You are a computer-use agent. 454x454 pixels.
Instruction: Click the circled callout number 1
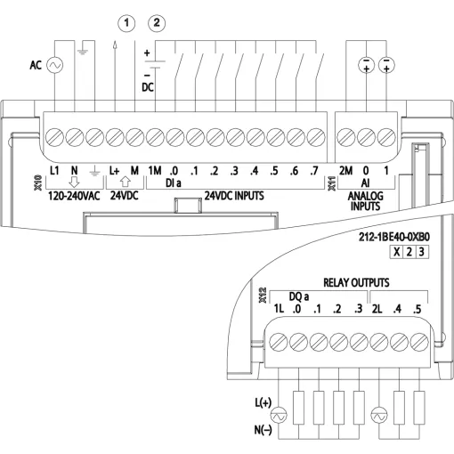[x=126, y=23]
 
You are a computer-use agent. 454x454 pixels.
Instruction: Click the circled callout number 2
[x=157, y=23]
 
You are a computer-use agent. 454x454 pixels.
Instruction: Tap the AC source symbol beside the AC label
[x=55, y=65]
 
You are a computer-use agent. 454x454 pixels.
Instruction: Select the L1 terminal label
[x=54, y=171]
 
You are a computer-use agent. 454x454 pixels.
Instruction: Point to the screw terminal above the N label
[x=75, y=137]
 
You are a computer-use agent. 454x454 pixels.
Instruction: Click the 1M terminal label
[x=155, y=171]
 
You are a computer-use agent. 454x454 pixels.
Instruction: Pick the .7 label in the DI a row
[x=313, y=171]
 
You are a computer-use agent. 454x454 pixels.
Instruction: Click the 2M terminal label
[x=345, y=171]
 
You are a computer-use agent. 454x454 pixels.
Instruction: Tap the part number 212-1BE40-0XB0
[x=394, y=237]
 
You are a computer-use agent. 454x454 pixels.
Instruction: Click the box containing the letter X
[x=396, y=252]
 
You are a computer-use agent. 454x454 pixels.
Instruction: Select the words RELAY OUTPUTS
[x=356, y=282]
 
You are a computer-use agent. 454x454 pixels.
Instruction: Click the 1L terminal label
[x=279, y=309]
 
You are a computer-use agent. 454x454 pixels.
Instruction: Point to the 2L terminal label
[x=377, y=309]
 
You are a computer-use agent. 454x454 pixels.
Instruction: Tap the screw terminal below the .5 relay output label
[x=419, y=342]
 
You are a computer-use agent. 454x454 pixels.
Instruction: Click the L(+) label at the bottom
[x=263, y=402]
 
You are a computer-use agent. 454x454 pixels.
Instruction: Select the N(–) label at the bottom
[x=263, y=430]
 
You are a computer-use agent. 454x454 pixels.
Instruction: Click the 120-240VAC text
[x=74, y=196]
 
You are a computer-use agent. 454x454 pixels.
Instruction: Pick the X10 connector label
[x=38, y=182]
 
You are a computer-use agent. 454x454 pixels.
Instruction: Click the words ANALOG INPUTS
[x=365, y=201]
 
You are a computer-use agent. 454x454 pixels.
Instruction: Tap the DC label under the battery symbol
[x=148, y=87]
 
